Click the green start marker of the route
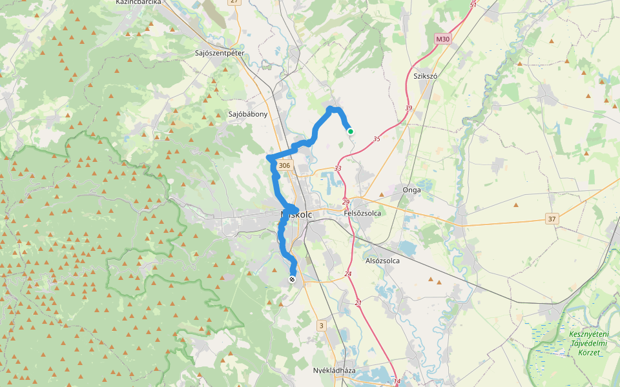[351, 132]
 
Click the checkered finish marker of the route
[292, 279]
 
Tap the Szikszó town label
[426, 76]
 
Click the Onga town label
[411, 190]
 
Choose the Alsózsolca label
[382, 261]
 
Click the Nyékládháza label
[334, 371]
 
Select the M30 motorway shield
[442, 39]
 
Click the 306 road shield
[284, 166]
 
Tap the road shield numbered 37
[552, 220]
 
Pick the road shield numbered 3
[321, 326]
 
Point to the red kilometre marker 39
[408, 108]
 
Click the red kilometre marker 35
[377, 139]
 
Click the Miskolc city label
[296, 214]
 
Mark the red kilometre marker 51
[473, 5]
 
